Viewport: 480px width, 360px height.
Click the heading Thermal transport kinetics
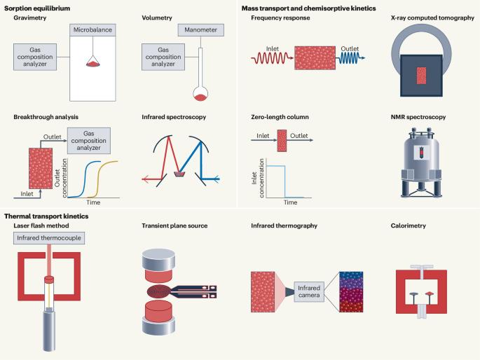46,216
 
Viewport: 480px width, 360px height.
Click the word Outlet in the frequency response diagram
349,50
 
